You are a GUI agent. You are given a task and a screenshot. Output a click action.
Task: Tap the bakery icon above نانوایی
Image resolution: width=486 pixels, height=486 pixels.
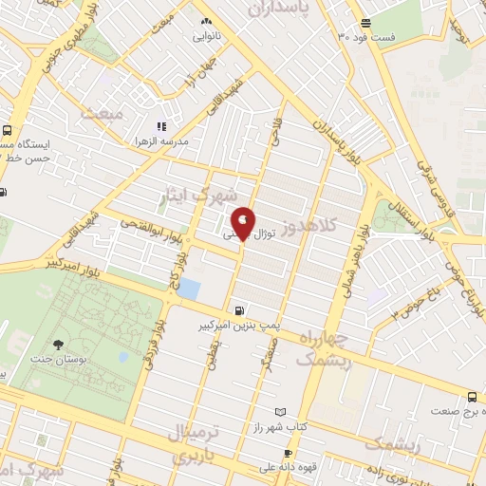[x=206, y=21]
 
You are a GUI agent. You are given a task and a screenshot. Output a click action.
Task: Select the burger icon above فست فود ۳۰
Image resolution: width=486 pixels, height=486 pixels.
[x=365, y=23]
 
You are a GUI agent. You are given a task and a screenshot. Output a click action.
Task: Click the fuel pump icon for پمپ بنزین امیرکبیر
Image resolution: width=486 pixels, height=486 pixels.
[x=238, y=309]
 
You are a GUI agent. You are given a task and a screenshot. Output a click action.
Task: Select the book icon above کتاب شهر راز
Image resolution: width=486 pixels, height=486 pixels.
[x=279, y=412]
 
